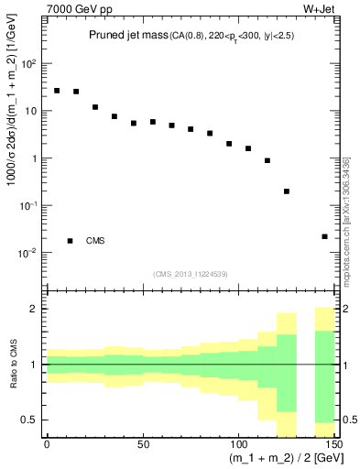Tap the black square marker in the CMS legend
point(71,241)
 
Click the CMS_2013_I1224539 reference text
point(191,273)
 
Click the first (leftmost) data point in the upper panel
point(57,91)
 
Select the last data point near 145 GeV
point(325,236)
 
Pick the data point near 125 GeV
point(287,191)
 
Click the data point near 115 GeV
point(267,160)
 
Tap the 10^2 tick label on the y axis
point(30,64)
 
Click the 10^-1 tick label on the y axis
point(29,205)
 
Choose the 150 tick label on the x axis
point(333,445)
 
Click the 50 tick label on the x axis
point(143,445)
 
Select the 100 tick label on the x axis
point(238,445)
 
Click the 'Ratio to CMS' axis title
point(12,364)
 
